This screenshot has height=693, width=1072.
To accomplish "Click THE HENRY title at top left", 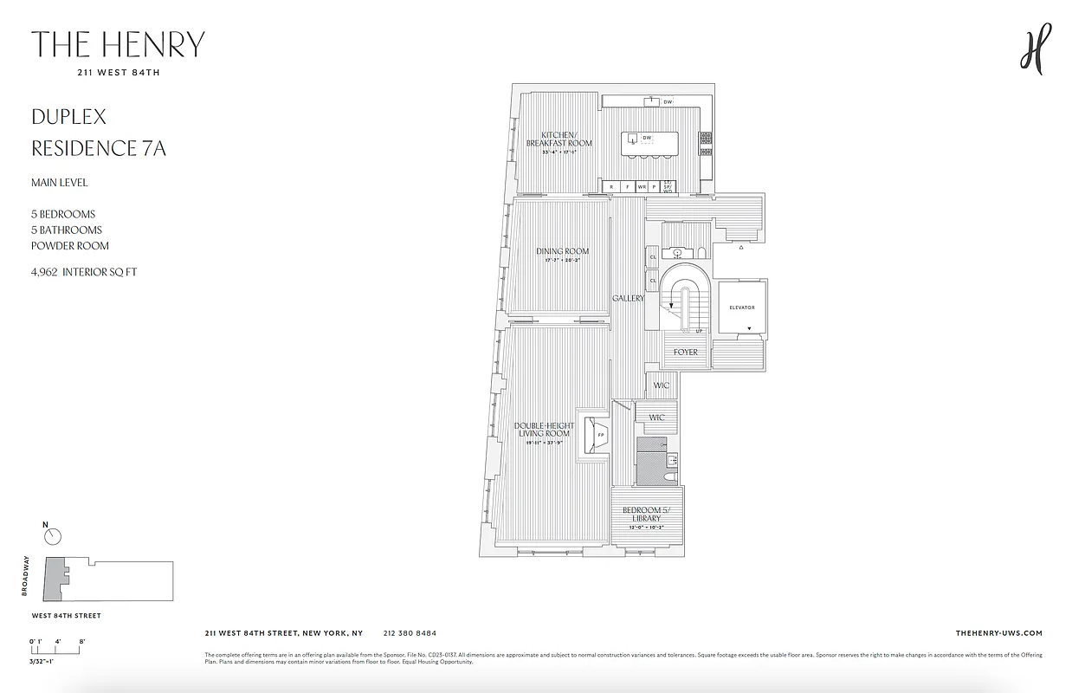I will click(118, 44).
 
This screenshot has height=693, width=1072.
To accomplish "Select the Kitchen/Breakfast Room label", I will click(559, 139).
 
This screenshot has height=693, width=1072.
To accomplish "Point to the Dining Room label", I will click(562, 251).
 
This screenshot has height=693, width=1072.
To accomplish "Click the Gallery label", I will click(628, 298).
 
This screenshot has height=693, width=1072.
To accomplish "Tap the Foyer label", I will click(686, 353).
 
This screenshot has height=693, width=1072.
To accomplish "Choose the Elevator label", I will click(741, 308).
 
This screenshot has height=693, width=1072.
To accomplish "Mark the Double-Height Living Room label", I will click(544, 430).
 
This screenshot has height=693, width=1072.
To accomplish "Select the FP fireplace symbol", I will click(599, 435).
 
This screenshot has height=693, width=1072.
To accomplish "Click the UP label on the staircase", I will click(698, 331).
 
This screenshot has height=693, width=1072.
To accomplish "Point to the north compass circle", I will click(53, 537).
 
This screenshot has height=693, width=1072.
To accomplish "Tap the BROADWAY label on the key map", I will click(27, 576).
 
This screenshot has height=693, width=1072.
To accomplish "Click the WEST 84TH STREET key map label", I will click(66, 616).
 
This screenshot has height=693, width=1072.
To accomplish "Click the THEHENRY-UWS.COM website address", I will click(998, 633).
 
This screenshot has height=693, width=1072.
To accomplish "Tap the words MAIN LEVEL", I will click(60, 183).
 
